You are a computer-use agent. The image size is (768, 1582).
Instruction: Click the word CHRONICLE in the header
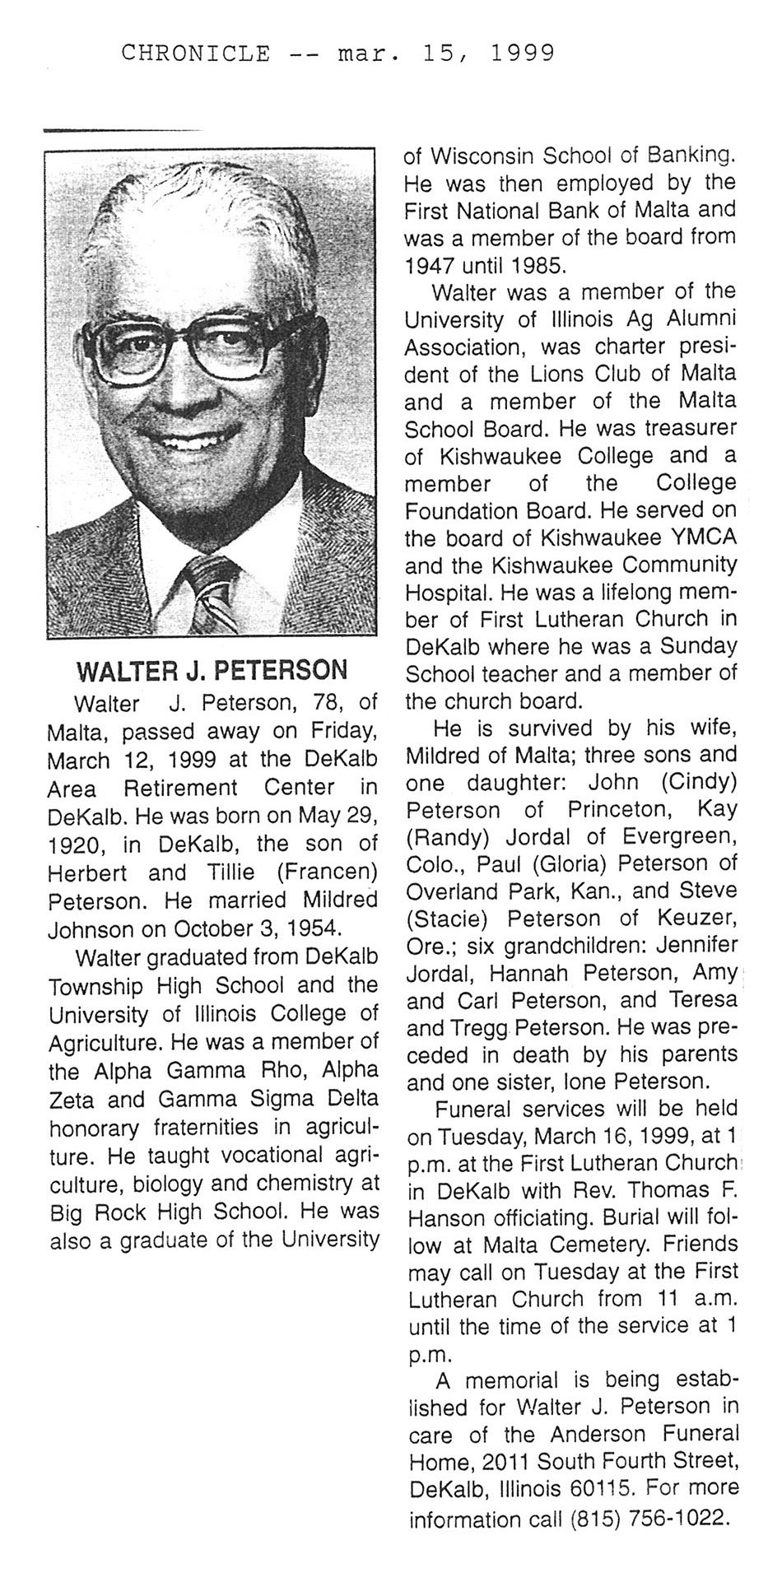coord(195,54)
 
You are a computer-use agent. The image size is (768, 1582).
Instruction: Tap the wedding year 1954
coord(311,928)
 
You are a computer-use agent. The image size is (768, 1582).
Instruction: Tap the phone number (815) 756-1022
coord(649,1517)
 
